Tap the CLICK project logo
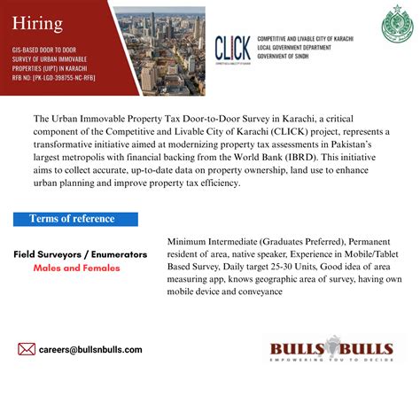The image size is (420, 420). (233, 49)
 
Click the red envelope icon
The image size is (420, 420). (27, 349)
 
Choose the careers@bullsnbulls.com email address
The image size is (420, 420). (90, 350)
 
